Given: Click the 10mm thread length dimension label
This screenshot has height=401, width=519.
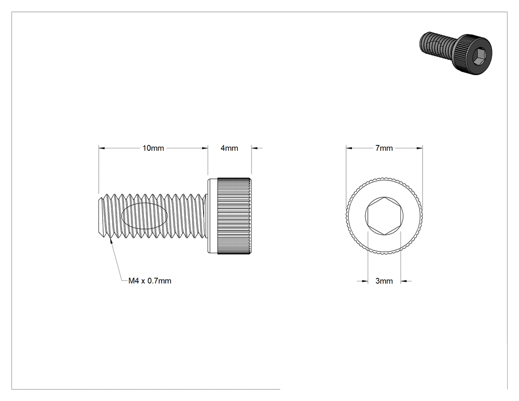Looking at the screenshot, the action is [153, 148].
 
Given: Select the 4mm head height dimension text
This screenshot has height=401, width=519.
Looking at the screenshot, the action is [229, 148].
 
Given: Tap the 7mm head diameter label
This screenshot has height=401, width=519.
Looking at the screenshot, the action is [384, 148].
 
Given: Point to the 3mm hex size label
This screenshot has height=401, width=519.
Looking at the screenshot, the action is [384, 281].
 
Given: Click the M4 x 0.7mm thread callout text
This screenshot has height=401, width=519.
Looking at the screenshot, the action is [150, 281].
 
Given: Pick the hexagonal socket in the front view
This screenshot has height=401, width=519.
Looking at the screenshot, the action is [384, 216].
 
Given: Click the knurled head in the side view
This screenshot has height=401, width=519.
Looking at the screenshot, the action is [234, 216].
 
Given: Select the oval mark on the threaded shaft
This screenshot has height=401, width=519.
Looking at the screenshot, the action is [144, 216].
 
